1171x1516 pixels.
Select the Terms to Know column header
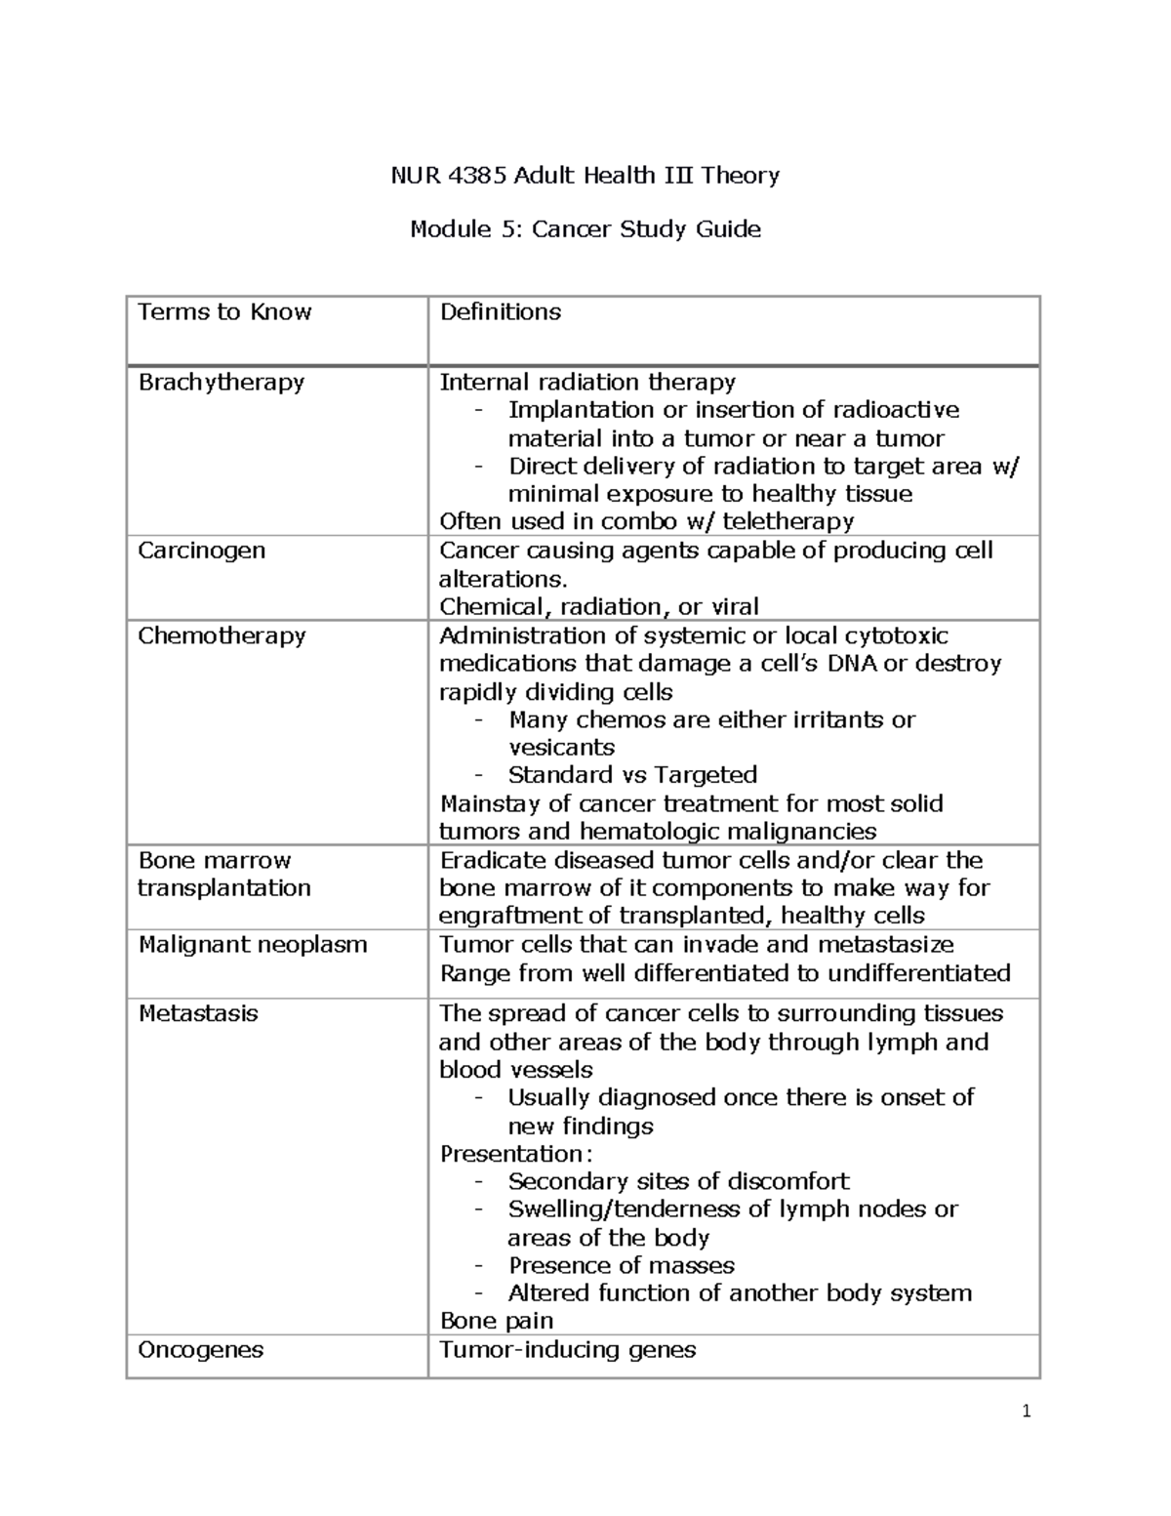224,312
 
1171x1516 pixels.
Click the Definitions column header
501,312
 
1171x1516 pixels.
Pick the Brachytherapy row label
222,382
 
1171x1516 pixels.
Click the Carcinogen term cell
201,551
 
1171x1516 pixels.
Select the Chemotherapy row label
222,635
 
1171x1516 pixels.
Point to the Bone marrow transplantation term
223,874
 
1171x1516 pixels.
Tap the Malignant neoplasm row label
253,945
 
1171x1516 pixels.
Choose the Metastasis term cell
198,1013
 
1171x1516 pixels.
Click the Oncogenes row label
201,1350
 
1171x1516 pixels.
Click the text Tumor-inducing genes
568,1350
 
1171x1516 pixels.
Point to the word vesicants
561,748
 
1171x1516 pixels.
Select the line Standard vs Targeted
632,775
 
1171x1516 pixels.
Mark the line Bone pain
497,1321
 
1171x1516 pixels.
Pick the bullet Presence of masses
622,1266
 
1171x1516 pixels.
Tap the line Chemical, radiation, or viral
599,607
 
